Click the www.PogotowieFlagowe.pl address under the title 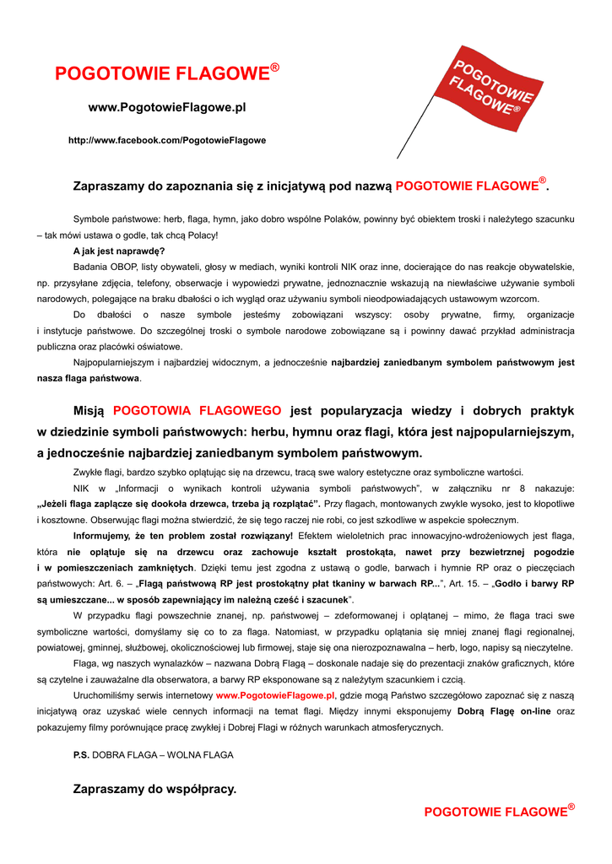tap(167, 108)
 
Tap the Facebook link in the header tap(167, 140)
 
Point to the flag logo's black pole tap(413, 135)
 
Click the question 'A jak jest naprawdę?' tap(119, 251)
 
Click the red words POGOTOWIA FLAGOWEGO tap(197, 411)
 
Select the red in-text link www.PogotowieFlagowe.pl tap(275, 695)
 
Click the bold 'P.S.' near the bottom tap(81, 755)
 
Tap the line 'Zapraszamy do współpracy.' tap(155, 790)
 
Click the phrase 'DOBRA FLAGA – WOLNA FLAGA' tap(163, 755)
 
